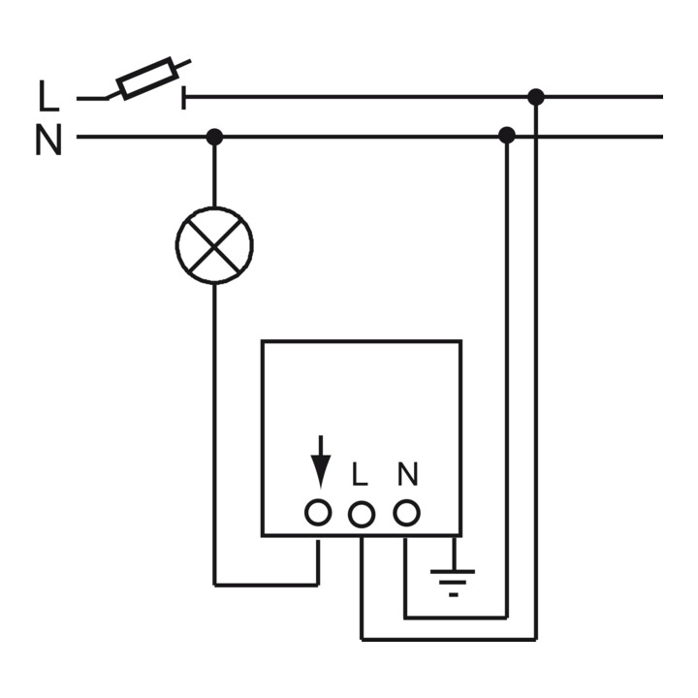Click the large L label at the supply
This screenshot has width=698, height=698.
coord(48,96)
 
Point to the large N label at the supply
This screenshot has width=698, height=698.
coord(48,140)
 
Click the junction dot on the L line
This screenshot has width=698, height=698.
coord(536,97)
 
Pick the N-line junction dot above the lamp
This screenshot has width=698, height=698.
coord(214,137)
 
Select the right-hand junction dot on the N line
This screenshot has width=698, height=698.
coord(507,135)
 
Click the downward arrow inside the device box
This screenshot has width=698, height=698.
coord(321,461)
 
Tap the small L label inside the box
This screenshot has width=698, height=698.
coord(360,474)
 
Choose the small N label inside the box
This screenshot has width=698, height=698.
coord(408,474)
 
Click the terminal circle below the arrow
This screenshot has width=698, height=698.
coord(318,513)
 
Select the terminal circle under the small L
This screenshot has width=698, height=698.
coord(361,515)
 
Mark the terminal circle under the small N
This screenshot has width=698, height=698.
coord(406,513)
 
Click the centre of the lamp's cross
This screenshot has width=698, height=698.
coord(214,245)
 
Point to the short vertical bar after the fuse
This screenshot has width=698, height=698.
coord(183,98)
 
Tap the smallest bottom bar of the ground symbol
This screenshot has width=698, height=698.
coord(454,594)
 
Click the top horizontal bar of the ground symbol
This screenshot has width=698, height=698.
coord(453,572)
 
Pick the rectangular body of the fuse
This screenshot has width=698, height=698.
coord(144,79)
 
